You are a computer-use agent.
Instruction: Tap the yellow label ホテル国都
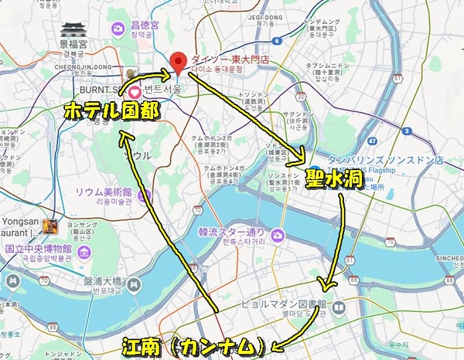coord(112,111)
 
